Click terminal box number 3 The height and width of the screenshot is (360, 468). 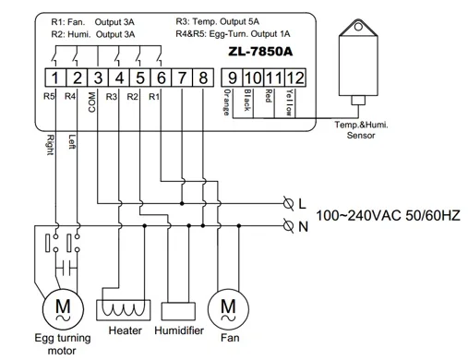[x=98, y=78]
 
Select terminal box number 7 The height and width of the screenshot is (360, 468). [x=182, y=78]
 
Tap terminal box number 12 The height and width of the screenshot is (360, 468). [x=295, y=78]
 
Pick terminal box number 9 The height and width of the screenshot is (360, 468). [x=232, y=78]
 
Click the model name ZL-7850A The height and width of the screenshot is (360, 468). [x=260, y=52]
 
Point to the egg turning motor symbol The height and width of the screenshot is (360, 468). [x=63, y=309]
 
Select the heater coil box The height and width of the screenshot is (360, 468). [x=124, y=310]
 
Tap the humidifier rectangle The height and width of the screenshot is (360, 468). [x=178, y=311]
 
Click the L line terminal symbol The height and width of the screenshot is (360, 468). [x=288, y=203]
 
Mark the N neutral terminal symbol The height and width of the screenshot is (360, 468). [x=288, y=226]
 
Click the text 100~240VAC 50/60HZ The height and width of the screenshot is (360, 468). [x=389, y=215]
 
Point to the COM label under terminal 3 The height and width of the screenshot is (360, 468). [x=92, y=102]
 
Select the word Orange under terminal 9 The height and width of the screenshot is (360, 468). [x=226, y=102]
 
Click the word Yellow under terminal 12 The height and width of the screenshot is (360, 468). [x=290, y=102]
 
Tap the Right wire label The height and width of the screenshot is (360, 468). [x=51, y=145]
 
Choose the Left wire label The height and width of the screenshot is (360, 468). [x=72, y=142]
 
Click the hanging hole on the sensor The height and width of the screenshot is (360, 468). [x=358, y=27]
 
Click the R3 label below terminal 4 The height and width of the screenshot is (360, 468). [x=112, y=97]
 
